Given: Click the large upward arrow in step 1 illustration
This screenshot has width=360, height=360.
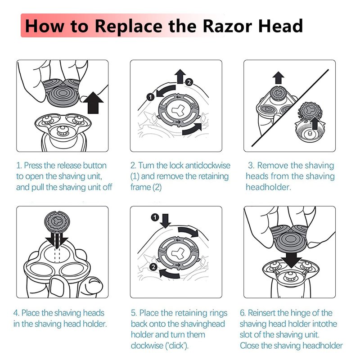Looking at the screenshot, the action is (x=93, y=103).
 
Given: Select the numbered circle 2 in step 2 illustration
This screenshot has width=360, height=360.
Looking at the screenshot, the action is (x=189, y=82).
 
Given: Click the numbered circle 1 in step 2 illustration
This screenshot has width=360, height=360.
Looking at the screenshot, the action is (x=150, y=97).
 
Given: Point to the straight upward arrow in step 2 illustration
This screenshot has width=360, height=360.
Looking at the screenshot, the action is (x=180, y=76).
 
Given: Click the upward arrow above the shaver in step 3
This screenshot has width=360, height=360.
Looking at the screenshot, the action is (x=279, y=77).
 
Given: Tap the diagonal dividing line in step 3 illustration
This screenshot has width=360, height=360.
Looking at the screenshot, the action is (x=290, y=108).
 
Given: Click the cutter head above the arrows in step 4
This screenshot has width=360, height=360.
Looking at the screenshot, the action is (x=57, y=222).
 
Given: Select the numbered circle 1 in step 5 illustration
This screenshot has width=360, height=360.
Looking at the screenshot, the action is (x=155, y=217).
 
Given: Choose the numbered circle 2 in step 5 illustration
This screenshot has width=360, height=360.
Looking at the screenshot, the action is (x=153, y=267).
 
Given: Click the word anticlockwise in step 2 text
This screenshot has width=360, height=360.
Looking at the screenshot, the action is (x=207, y=166).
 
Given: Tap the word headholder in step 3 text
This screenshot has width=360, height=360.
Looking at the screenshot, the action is (x=268, y=187).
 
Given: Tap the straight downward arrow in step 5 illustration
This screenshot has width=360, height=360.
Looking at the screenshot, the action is (x=165, y=221).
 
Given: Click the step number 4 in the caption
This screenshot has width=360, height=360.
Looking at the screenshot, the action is (x=16, y=313).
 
